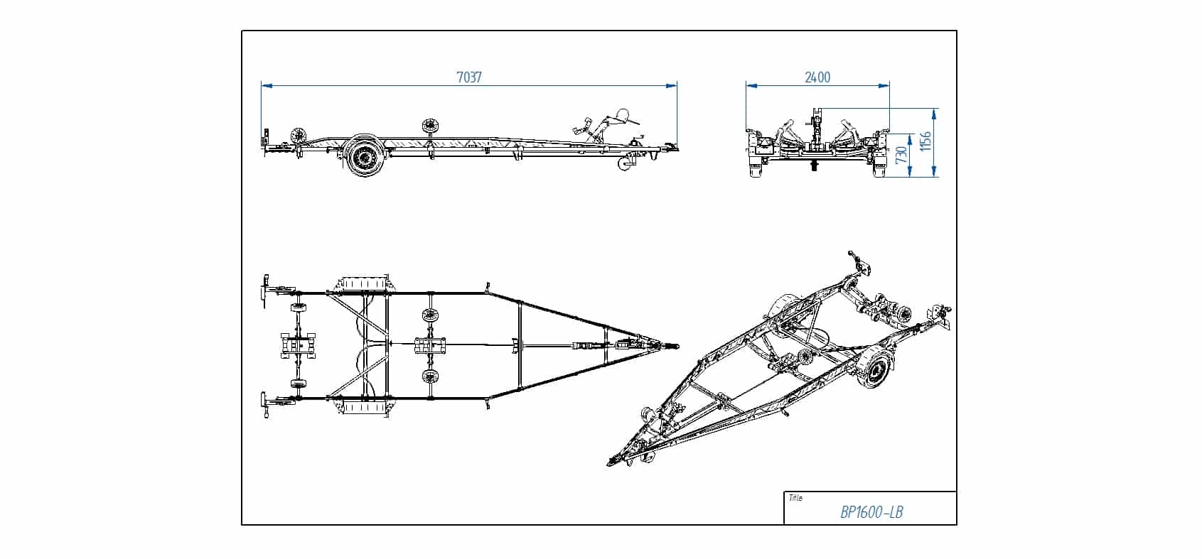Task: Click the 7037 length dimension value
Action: [469, 77]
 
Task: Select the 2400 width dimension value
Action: [817, 77]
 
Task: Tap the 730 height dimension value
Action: [901, 155]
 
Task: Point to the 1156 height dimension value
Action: [925, 141]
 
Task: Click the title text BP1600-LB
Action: [871, 512]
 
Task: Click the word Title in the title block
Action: [795, 498]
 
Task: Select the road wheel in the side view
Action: [366, 156]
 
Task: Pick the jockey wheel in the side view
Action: [624, 164]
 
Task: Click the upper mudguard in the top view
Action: [365, 285]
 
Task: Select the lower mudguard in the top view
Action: [365, 408]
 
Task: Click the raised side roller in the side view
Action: [430, 127]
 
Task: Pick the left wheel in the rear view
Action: [755, 167]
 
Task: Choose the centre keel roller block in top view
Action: [430, 346]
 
